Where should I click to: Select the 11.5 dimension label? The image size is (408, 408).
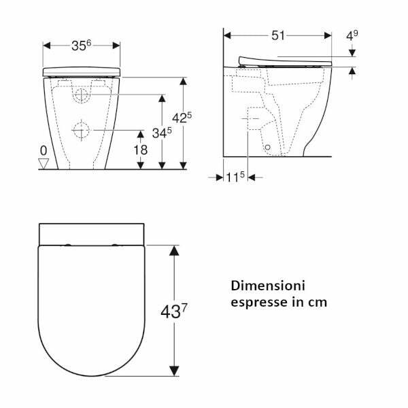tap(235, 177)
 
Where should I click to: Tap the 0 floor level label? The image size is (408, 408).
tap(44, 150)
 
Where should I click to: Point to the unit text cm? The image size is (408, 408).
tap(317, 302)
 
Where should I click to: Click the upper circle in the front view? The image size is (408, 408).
tap(80, 95)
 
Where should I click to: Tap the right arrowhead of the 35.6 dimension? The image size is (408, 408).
tap(116, 46)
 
